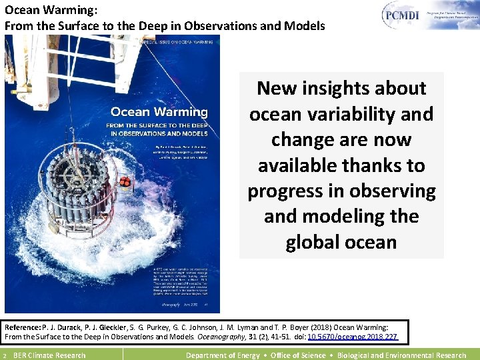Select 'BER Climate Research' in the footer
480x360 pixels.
pyautogui.click(x=49, y=355)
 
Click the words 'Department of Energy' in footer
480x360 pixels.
pyautogui.click(x=223, y=355)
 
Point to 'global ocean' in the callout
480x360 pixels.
pyautogui.click(x=341, y=242)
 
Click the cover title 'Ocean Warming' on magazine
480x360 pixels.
pyautogui.click(x=159, y=111)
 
